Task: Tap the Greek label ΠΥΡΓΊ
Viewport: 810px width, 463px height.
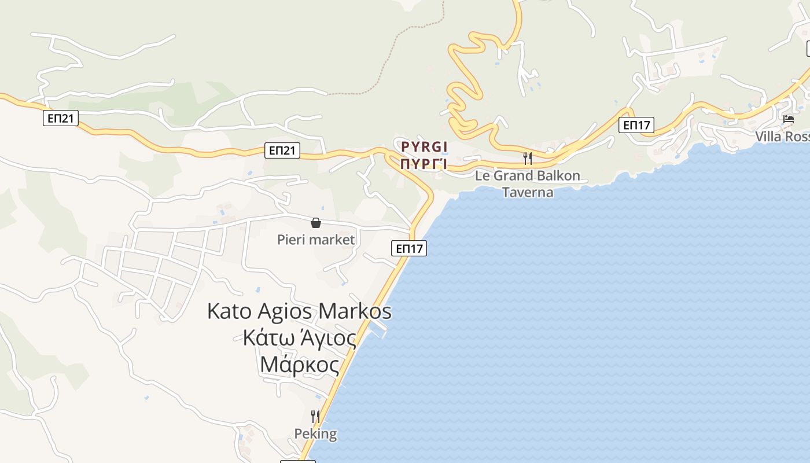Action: coord(424,164)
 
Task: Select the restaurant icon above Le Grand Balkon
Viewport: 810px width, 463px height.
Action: coord(528,158)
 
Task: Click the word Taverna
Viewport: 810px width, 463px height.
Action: coord(527,192)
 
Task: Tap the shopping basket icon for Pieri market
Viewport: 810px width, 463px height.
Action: coord(316,223)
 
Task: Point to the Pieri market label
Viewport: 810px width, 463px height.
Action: coord(315,239)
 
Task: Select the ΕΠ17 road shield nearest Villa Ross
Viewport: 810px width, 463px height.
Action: coord(636,124)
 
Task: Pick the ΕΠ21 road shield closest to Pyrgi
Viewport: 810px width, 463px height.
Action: coord(283,150)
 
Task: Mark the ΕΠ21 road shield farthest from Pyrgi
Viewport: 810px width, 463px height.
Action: coord(61,119)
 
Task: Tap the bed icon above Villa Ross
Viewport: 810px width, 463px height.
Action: coord(788,120)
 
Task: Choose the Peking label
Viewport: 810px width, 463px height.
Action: coord(315,434)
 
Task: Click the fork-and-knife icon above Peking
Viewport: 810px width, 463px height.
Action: coord(315,416)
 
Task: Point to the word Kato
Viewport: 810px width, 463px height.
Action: coord(230,311)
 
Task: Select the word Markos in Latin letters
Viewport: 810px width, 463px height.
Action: coord(355,311)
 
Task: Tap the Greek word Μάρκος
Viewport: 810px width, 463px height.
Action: coord(299,365)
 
